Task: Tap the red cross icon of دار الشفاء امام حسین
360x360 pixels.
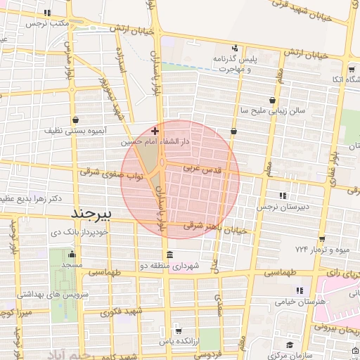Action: pyautogui.click(x=155, y=131)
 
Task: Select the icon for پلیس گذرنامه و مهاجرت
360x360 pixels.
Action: pyautogui.click(x=236, y=49)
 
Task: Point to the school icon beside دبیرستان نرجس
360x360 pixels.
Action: pyautogui.click(x=283, y=195)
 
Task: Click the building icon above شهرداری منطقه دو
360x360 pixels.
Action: pyautogui.click(x=168, y=255)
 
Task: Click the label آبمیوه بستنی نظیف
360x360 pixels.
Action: pyautogui.click(x=75, y=131)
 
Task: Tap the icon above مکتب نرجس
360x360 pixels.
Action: pyautogui.click(x=47, y=13)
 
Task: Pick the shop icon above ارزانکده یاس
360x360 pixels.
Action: pyautogui.click(x=178, y=330)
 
